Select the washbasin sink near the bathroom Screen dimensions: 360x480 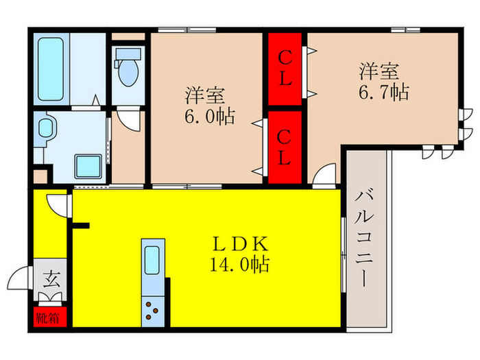47,129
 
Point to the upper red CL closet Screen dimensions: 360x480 285,69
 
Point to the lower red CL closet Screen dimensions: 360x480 285,147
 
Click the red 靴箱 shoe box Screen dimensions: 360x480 48,317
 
